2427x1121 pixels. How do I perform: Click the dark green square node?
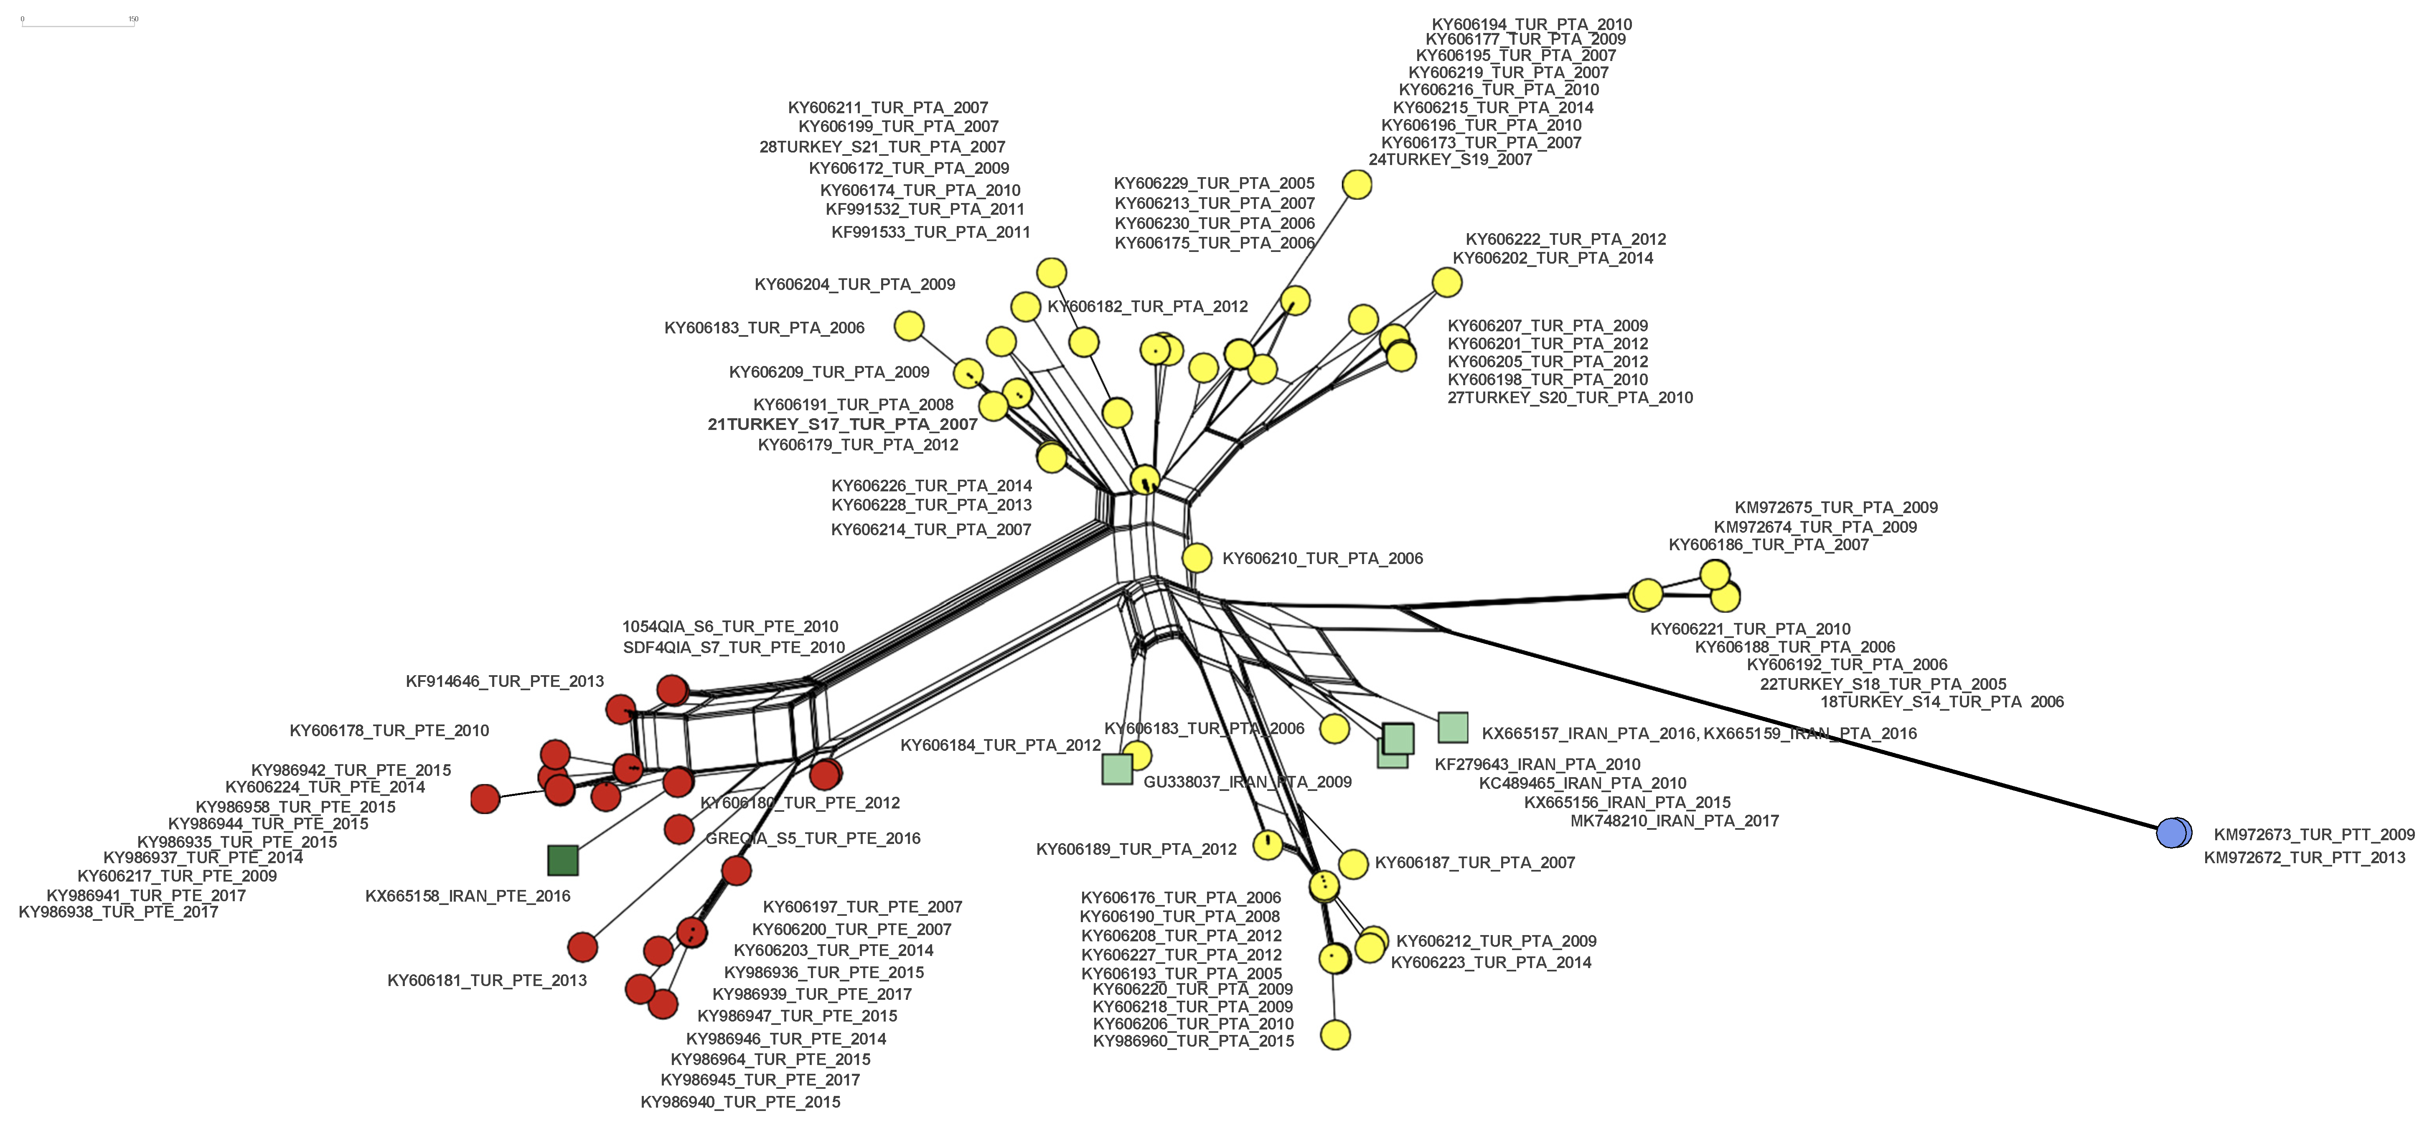coord(562,860)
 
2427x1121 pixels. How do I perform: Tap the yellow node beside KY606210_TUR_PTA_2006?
coord(1197,558)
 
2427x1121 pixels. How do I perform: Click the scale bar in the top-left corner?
coord(78,23)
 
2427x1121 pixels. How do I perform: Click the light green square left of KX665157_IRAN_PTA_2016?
coord(1453,727)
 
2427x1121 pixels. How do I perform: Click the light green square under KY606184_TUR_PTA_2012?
coord(1117,769)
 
